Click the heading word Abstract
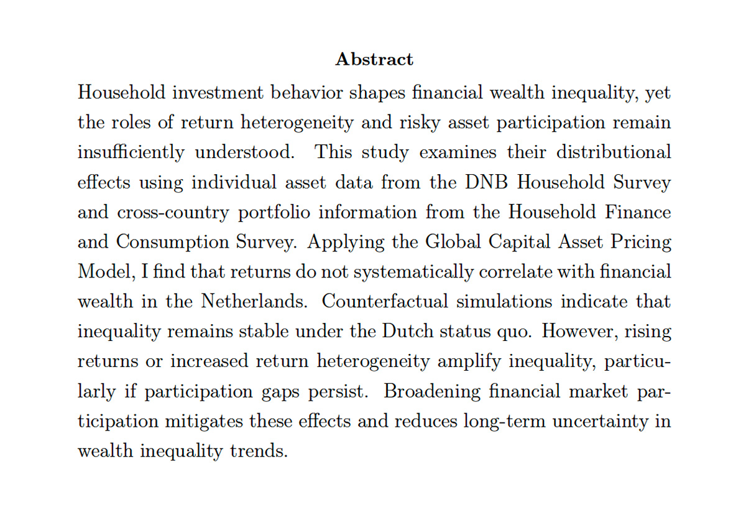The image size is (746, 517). (x=374, y=60)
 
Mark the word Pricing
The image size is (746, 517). (x=643, y=242)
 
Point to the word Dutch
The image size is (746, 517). (x=406, y=332)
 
